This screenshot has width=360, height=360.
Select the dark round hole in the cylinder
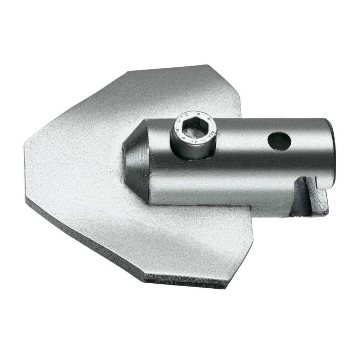[279, 141]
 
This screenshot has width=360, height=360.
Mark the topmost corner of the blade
[208, 65]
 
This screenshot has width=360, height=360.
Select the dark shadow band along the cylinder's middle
[234, 169]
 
